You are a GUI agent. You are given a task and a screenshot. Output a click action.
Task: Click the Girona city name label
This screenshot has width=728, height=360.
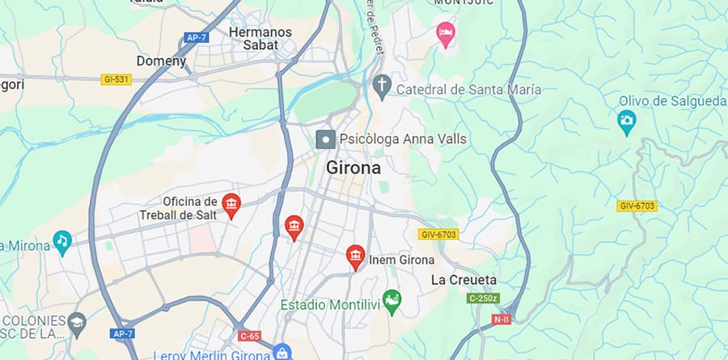(x=353, y=168)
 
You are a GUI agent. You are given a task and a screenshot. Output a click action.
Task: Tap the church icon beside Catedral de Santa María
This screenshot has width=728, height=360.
(x=382, y=84)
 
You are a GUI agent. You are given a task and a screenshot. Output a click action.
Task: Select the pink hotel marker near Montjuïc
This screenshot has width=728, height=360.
(x=445, y=34)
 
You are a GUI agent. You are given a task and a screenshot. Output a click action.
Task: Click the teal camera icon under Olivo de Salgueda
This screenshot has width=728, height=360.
(x=626, y=122)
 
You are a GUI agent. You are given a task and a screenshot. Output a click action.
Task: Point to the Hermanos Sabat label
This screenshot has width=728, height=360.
(x=260, y=38)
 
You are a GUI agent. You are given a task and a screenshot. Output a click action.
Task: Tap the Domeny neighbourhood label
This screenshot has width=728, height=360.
(x=161, y=61)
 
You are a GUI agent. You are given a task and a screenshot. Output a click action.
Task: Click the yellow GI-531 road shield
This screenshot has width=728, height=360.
(x=116, y=79)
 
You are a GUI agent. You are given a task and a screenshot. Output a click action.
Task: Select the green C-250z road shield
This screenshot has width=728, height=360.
(x=483, y=298)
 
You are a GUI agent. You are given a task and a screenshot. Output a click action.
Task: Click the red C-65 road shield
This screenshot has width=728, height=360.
(x=249, y=335)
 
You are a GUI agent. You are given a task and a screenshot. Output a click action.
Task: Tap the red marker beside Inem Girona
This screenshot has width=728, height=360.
(x=354, y=257)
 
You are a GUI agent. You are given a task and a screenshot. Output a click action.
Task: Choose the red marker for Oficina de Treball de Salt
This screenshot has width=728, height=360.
(x=231, y=205)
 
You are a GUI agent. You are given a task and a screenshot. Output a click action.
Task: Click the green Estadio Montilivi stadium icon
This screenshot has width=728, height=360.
(x=392, y=302)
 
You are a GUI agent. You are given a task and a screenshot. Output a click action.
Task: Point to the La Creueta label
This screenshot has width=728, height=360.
(x=463, y=280)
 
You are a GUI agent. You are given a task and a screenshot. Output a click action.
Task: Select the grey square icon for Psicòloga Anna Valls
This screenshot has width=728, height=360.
(x=325, y=139)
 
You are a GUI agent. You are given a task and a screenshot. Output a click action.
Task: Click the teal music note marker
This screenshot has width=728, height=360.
(x=62, y=240)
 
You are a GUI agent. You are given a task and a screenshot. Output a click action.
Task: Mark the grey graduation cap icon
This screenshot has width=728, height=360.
(x=77, y=322)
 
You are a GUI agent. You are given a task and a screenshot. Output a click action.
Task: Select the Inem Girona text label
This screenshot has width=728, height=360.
(x=402, y=260)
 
